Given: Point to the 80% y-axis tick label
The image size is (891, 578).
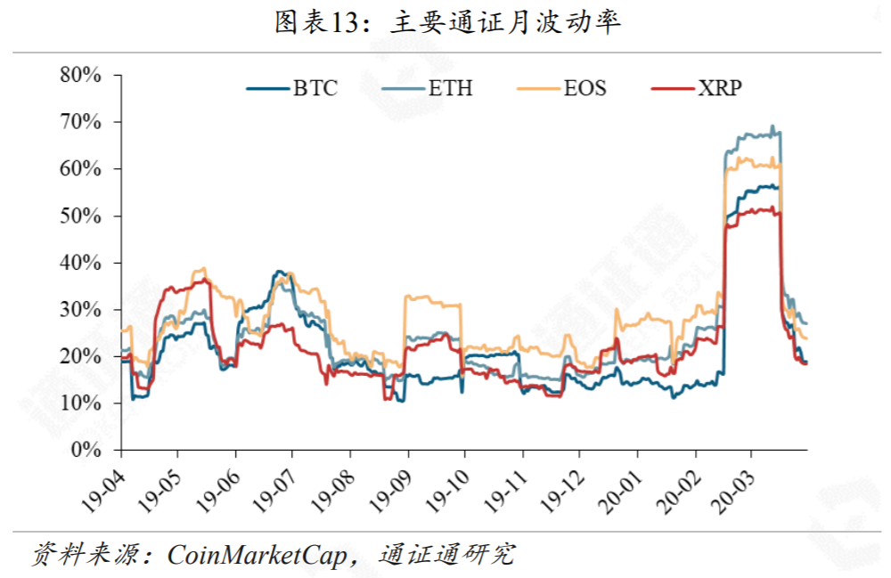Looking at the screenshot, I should point(80,75).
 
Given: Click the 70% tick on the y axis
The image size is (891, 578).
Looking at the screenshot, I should point(80,122).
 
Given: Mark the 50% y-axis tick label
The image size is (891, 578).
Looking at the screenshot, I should point(80,216).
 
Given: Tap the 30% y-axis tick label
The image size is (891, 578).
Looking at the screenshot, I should point(80,310).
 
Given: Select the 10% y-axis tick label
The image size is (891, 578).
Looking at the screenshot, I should point(80,403).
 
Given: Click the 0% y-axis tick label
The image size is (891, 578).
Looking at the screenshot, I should point(86,451).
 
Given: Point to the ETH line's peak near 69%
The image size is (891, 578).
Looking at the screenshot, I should point(772,126).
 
